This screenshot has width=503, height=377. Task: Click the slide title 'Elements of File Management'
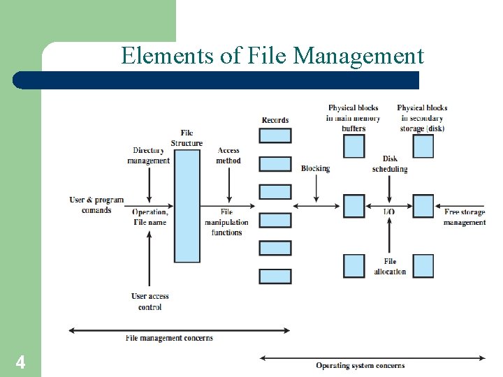pos(272,55)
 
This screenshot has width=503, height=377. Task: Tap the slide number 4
pos(21,362)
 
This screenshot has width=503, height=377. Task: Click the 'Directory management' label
pos(148,155)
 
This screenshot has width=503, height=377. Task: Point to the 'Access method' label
pos(228,155)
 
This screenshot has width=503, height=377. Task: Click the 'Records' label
pos(275,120)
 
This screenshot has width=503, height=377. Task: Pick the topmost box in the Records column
pos(275,135)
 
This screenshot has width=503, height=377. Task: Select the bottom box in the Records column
pos(275,276)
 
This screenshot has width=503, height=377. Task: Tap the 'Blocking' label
pos(315,168)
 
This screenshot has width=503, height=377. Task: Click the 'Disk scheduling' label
pos(390,164)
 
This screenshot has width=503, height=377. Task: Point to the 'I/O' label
pos(390,211)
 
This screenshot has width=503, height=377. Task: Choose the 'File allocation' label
pos(390,266)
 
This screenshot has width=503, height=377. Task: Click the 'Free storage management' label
pos(465,216)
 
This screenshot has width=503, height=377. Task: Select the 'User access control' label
pos(150,301)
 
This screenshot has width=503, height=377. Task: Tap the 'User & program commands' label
pos(96,205)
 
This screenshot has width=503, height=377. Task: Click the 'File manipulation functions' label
pos(226,222)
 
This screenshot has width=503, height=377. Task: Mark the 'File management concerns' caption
pos(169,339)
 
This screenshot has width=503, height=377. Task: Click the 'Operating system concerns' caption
pos(360,365)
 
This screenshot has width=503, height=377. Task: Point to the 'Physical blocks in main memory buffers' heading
pos(353,118)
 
